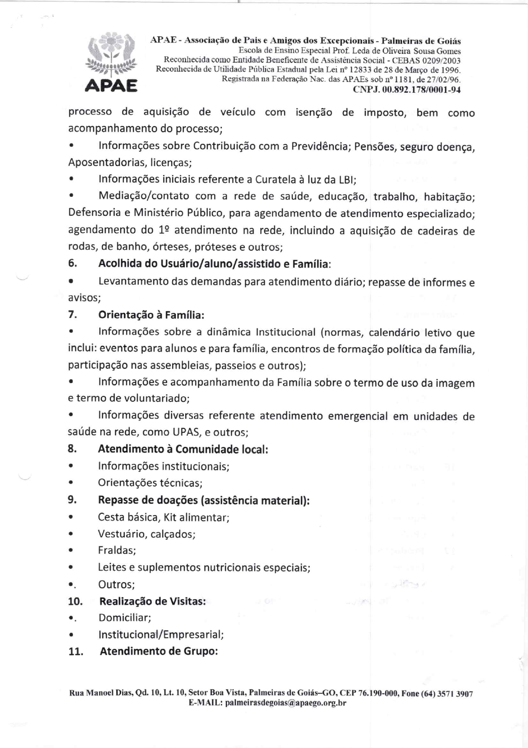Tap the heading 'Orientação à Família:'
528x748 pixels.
151,315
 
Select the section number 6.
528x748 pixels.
72,263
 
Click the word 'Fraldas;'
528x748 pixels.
117,550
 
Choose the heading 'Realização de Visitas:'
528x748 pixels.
152,601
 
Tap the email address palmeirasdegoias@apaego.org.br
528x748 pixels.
285,703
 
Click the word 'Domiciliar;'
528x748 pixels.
125,618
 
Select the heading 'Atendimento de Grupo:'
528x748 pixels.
159,651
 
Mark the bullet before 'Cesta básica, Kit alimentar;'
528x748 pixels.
72,517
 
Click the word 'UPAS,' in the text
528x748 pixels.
187,432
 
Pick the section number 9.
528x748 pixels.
72,500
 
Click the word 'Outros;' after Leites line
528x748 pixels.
116,584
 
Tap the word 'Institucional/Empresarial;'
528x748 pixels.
161,635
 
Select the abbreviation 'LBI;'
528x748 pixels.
347,179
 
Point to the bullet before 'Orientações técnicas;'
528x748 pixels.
72,483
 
